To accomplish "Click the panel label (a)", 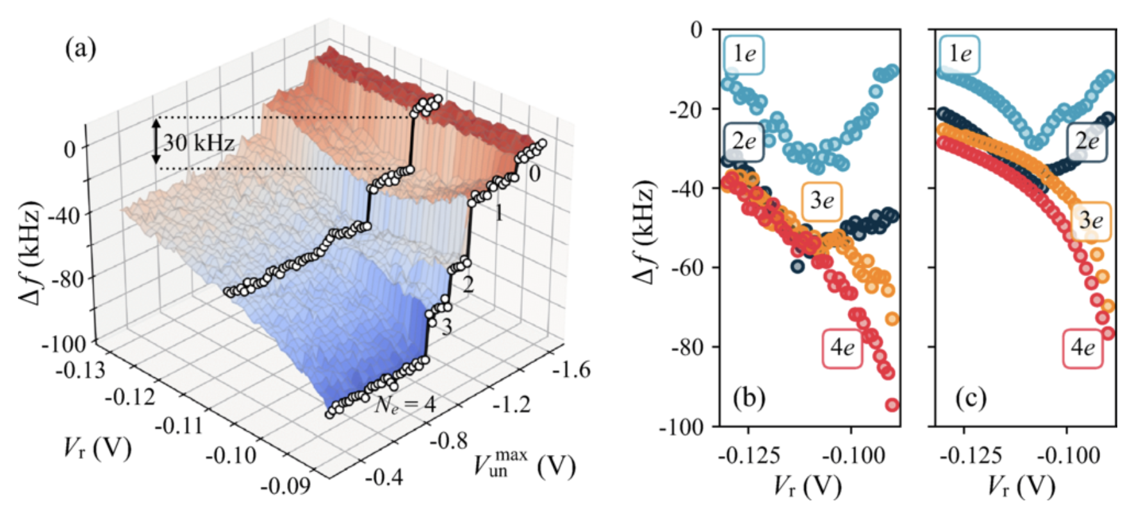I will (81, 48).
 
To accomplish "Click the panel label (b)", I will (749, 398).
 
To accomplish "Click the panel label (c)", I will (971, 398).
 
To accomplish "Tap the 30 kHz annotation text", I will (199, 142).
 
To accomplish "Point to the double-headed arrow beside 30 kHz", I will (156, 142).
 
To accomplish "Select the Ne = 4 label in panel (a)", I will (405, 404).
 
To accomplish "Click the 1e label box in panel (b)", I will (744, 53).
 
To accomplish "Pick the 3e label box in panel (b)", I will (822, 201).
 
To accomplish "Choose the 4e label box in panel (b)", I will (842, 348).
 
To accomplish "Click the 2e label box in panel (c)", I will (1087, 141).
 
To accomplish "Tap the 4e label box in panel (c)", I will (1083, 348).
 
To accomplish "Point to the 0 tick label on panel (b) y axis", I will (696, 29).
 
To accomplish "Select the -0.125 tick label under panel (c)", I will (971, 456).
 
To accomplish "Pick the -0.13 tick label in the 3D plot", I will (80, 370).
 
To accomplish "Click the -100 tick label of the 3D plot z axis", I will (64, 344).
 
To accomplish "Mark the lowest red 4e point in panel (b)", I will (892, 405).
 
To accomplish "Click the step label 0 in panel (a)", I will (534, 173).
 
